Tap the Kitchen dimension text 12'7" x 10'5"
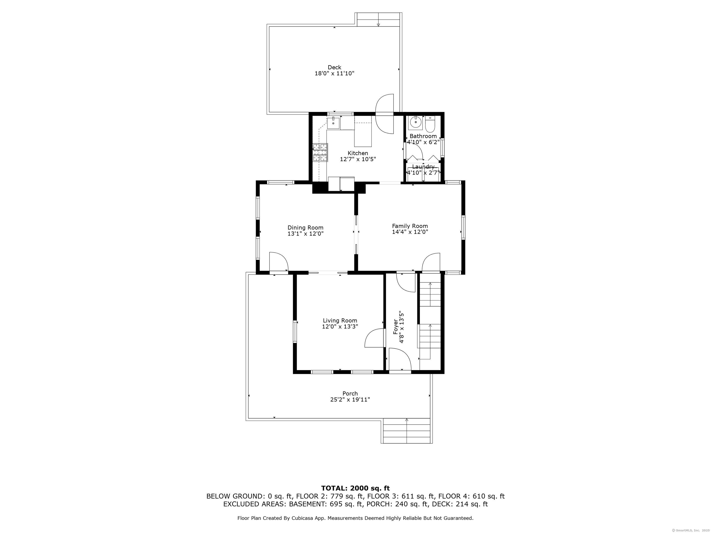pos(358,159)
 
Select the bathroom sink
pos(416,122)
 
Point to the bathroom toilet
pos(430,124)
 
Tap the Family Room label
pos(410,226)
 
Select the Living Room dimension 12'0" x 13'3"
pos(340,326)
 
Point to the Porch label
pos(350,394)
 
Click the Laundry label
pos(423,167)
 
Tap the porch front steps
pos(407,431)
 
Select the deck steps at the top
pos(378,20)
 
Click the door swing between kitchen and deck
pos(385,114)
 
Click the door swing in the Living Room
pos(375,338)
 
